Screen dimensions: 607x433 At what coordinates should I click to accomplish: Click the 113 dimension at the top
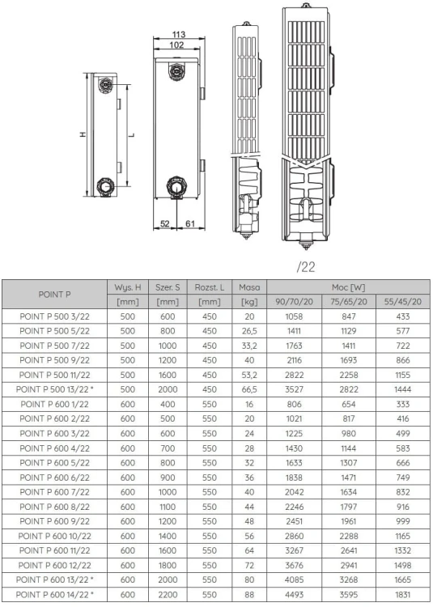pyautogui.click(x=180, y=34)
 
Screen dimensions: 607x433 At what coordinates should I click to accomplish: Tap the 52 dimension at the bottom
pyautogui.click(x=164, y=223)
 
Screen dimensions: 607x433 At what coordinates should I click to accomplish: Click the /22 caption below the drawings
pyautogui.click(x=306, y=265)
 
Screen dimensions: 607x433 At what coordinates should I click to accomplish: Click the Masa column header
pyautogui.click(x=248, y=287)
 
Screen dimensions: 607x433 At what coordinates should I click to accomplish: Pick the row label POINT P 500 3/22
pyautogui.click(x=55, y=316)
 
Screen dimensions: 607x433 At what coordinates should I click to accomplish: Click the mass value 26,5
pyautogui.click(x=248, y=331)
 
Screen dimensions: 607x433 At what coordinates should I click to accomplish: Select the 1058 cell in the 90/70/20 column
pyautogui.click(x=294, y=316)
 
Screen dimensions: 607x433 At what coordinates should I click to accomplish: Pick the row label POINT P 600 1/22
pyautogui.click(x=55, y=405)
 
